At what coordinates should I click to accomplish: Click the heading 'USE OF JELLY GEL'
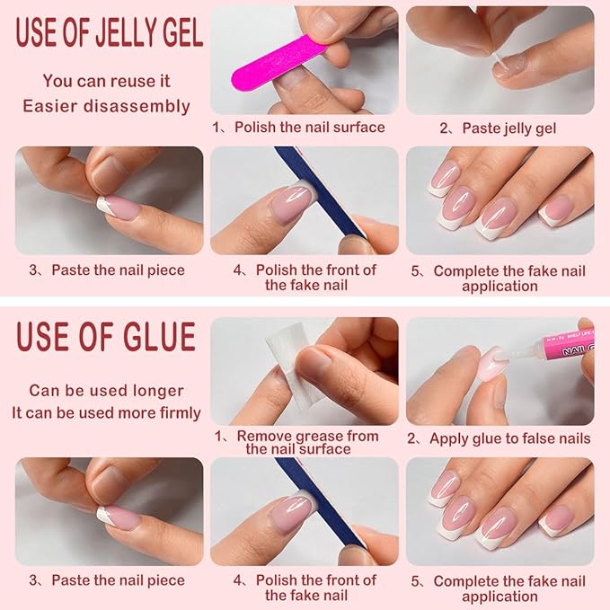(x=109, y=33)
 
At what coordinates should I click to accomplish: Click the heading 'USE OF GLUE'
(x=105, y=337)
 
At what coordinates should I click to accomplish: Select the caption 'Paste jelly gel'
(x=499, y=128)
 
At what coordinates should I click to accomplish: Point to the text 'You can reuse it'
(x=106, y=81)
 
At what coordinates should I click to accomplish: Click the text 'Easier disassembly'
(x=106, y=106)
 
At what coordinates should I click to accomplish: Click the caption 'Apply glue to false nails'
(x=499, y=438)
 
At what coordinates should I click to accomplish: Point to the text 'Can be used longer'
(x=106, y=391)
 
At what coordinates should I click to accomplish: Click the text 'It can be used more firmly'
(x=106, y=413)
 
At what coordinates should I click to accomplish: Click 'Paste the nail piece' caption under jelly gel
(x=109, y=270)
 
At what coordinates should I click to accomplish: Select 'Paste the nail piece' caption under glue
(x=109, y=580)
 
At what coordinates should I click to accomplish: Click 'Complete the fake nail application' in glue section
(x=499, y=588)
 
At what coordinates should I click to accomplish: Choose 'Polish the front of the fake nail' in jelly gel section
(x=306, y=278)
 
